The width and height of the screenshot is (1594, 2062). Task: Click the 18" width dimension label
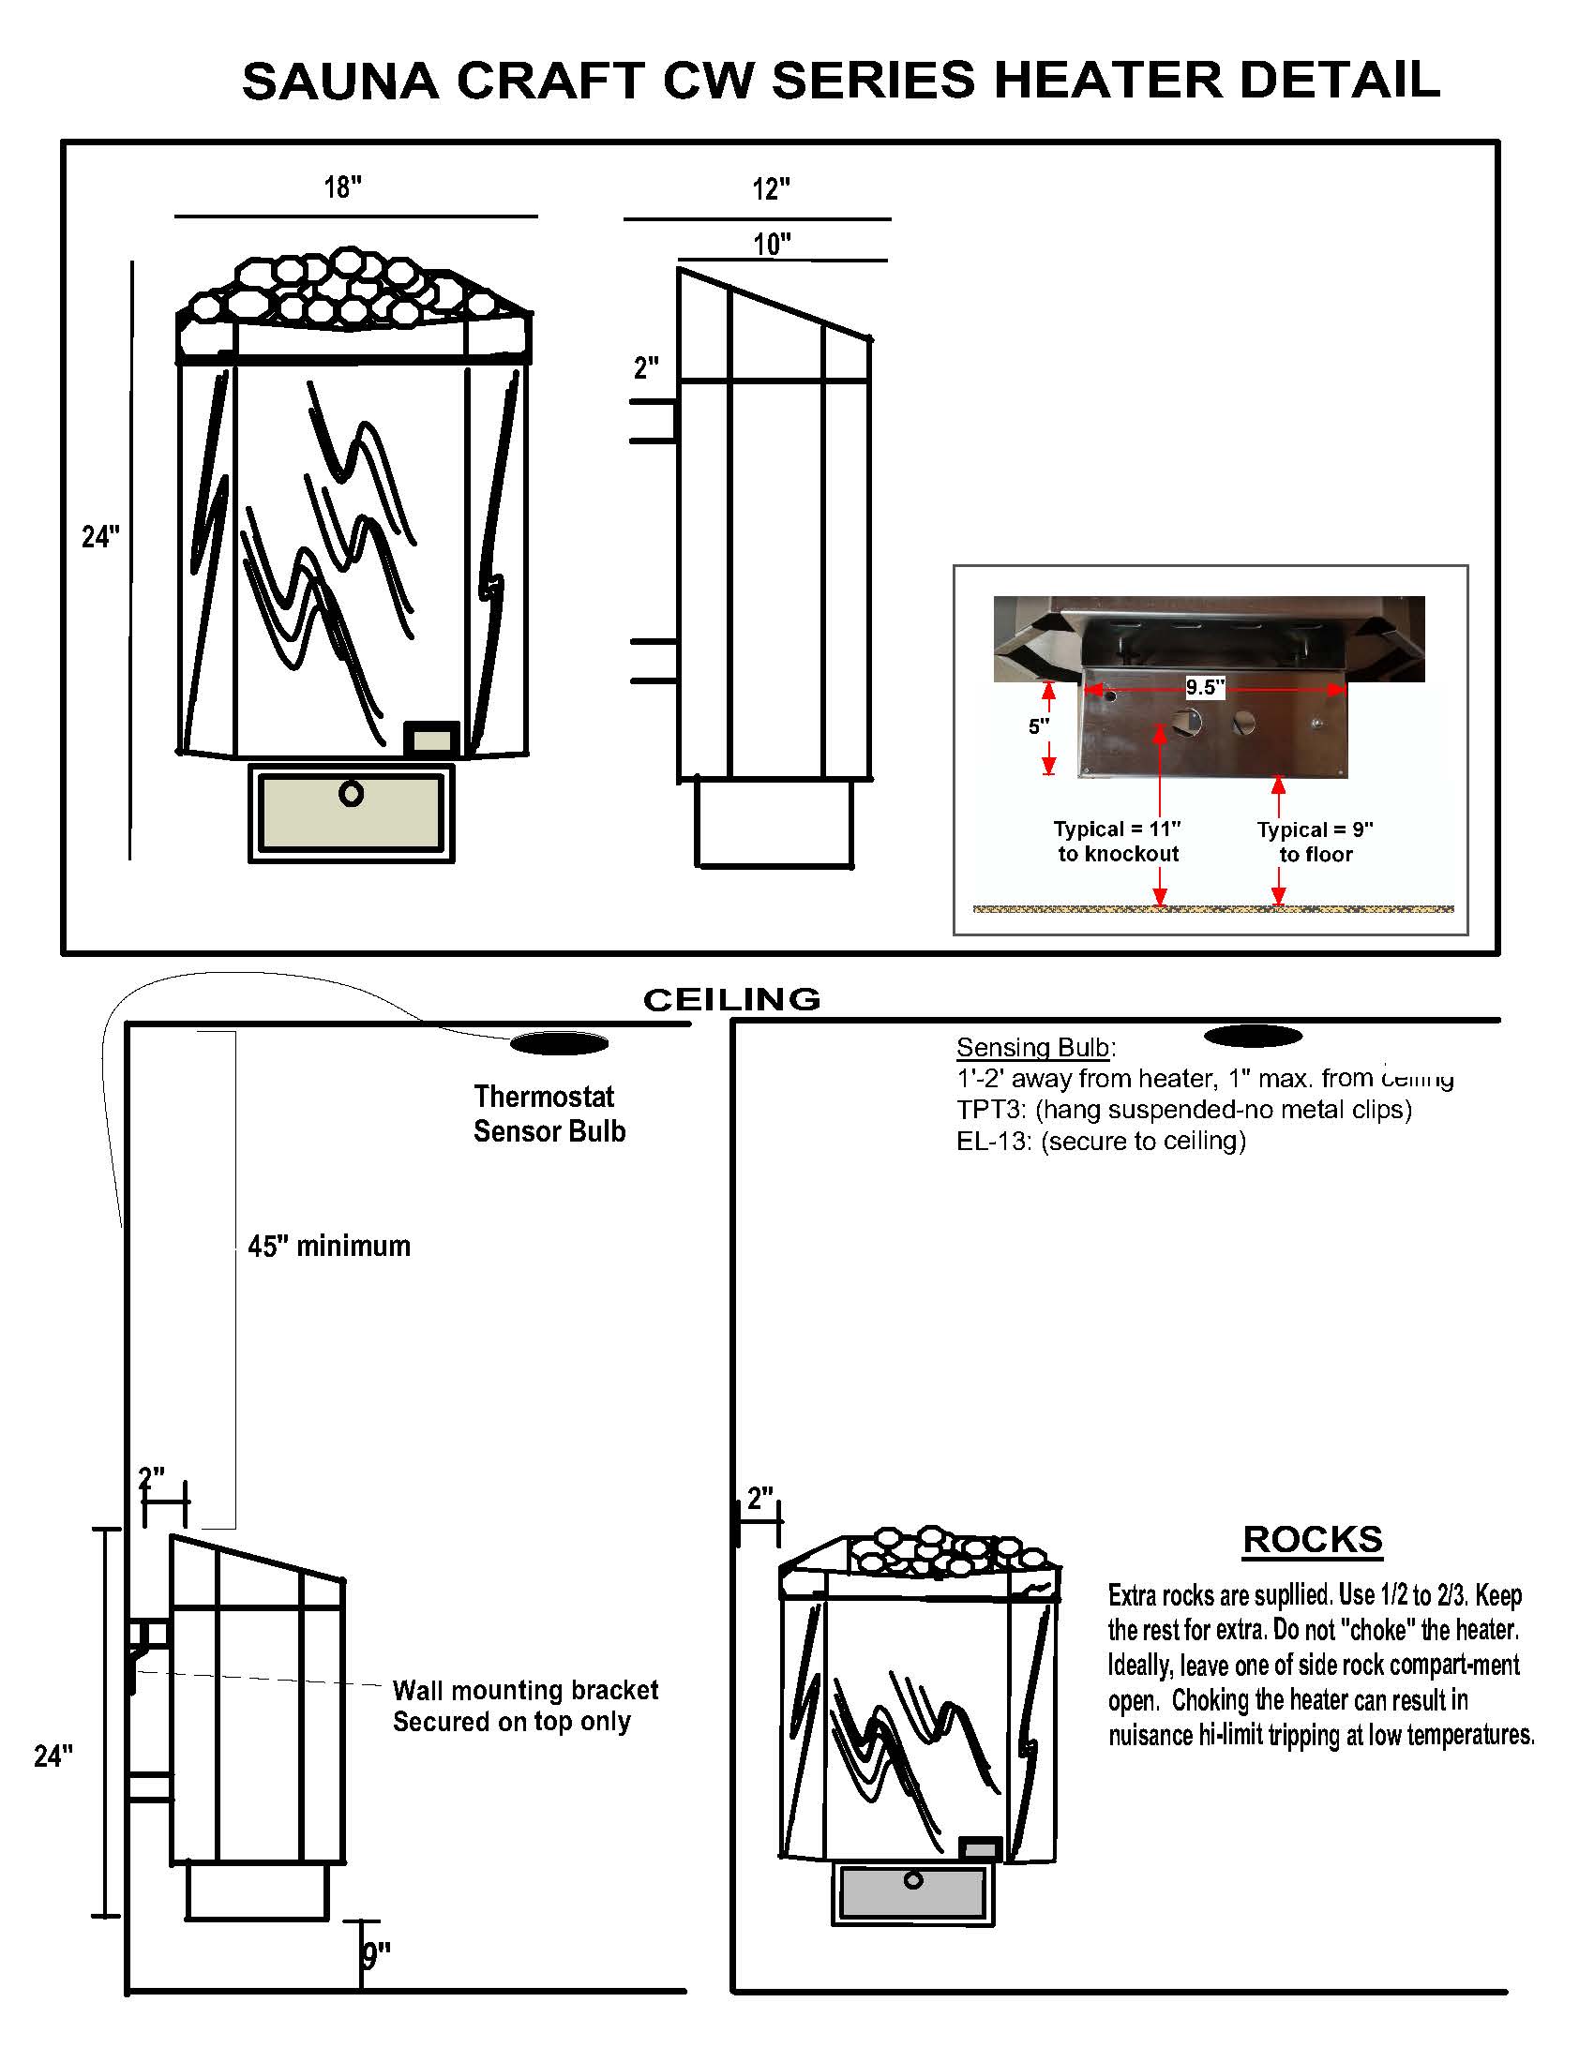(x=343, y=187)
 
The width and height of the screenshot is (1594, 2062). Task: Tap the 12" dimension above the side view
(x=771, y=188)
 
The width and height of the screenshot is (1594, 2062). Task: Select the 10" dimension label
(x=772, y=245)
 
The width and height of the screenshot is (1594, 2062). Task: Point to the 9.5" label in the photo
(x=1205, y=687)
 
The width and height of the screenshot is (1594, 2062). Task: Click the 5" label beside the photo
(x=1038, y=726)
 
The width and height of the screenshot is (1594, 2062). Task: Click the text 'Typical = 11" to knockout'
(x=1118, y=841)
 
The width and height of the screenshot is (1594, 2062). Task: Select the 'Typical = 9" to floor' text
(x=1315, y=842)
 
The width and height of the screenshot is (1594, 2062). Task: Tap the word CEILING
(x=731, y=1000)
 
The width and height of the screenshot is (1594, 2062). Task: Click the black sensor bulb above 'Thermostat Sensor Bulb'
(x=558, y=1043)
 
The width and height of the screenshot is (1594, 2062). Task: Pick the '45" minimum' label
(x=328, y=1247)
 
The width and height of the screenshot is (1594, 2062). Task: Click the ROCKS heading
(x=1312, y=1539)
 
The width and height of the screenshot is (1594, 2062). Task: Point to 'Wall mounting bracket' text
(x=525, y=1689)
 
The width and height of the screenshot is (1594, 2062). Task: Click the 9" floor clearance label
(x=376, y=1955)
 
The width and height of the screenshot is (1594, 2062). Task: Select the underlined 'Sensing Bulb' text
(x=1033, y=1047)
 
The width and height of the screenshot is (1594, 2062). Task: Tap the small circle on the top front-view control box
(x=352, y=794)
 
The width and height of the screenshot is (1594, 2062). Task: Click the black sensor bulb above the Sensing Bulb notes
(x=1253, y=1037)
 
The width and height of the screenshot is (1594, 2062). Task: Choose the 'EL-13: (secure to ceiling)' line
(x=1101, y=1141)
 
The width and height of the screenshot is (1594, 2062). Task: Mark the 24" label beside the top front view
(x=100, y=536)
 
